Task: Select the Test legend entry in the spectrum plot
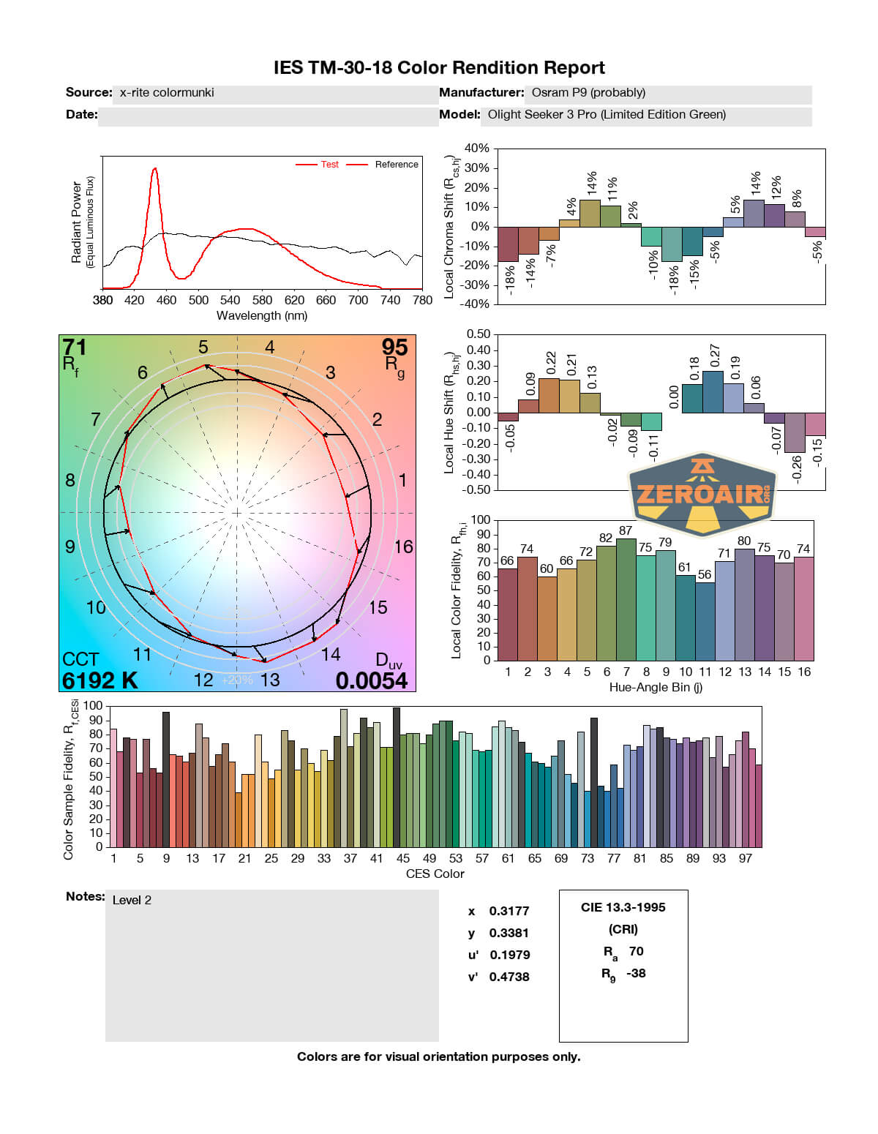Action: tap(329, 165)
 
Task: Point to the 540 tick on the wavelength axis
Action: tap(230, 300)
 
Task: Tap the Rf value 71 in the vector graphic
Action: tap(75, 347)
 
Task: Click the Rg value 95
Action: tap(394, 347)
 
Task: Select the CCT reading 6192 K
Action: tap(100, 680)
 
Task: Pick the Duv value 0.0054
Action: tap(371, 680)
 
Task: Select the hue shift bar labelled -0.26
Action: tap(795, 432)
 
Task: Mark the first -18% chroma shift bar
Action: tap(508, 244)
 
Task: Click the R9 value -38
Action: tap(636, 973)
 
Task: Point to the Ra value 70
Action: tap(636, 951)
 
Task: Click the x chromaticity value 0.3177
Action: tap(509, 911)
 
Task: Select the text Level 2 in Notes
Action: tap(132, 900)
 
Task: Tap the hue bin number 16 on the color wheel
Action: tap(403, 547)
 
